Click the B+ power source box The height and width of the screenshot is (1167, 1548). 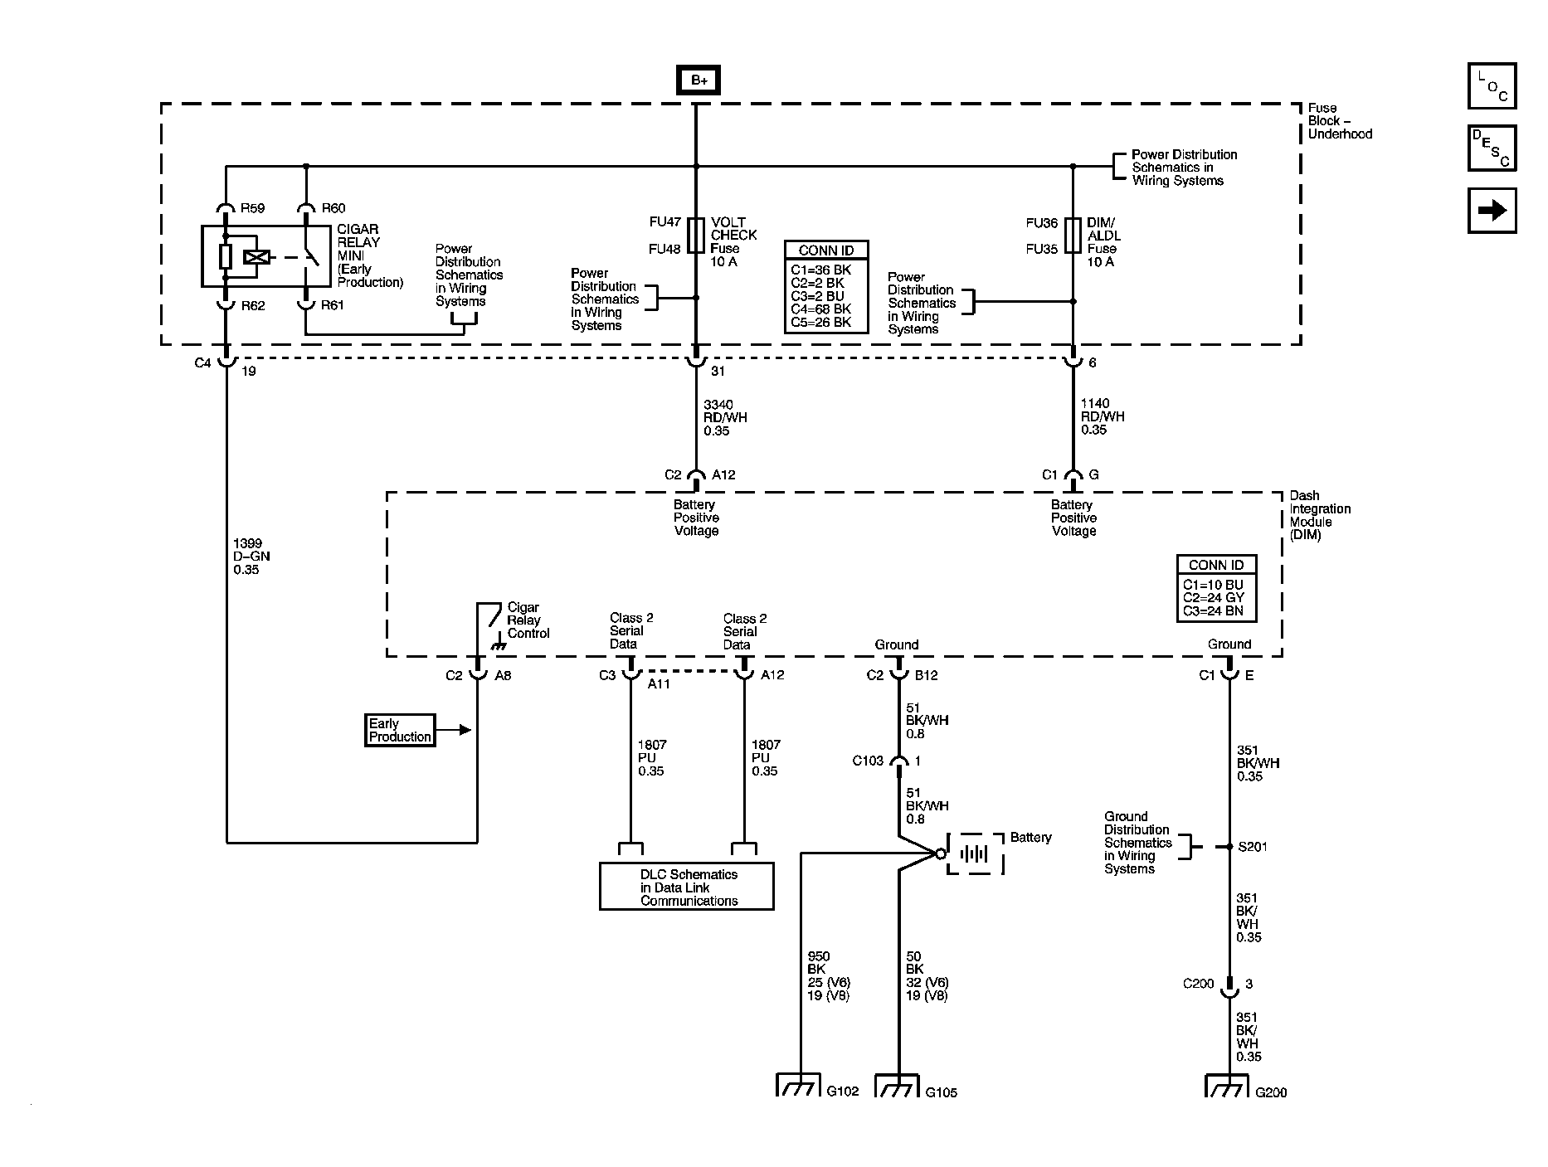(698, 80)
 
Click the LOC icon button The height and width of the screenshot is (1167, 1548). (1492, 86)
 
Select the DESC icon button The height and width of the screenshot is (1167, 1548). (1492, 148)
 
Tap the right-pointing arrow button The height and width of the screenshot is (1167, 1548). (1492, 211)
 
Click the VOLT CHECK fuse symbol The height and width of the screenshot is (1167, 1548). (696, 236)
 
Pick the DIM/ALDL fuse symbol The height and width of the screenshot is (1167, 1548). (1073, 236)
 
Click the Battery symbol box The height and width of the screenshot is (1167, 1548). (976, 853)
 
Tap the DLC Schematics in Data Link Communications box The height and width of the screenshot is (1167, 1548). (686, 887)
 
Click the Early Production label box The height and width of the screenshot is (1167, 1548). (400, 730)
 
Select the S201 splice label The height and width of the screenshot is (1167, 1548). (1253, 847)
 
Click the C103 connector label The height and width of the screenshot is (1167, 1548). (868, 761)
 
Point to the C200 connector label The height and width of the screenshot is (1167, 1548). (1198, 984)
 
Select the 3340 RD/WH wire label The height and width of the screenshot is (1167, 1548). (724, 417)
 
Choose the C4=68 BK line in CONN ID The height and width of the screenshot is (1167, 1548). (820, 309)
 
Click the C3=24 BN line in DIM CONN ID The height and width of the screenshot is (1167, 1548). (1213, 611)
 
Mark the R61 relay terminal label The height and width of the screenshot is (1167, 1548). (333, 305)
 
